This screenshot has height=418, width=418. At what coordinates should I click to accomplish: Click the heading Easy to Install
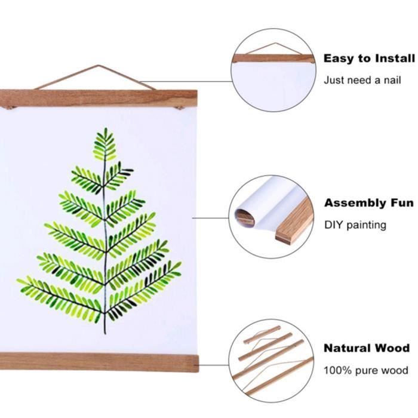(x=368, y=59)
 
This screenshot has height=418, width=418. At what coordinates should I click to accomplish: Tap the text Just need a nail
(x=361, y=80)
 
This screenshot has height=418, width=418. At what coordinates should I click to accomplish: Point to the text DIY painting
(x=355, y=225)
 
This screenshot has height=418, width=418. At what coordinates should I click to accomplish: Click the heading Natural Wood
(x=367, y=348)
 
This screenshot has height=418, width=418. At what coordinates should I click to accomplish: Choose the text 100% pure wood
(x=366, y=370)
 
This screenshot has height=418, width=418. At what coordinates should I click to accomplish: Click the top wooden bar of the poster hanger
(x=99, y=98)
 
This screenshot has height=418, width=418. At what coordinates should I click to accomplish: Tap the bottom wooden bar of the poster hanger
(x=99, y=362)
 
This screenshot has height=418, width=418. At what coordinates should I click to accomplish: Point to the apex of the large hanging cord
(x=95, y=66)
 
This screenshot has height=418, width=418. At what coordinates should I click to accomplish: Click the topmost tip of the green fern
(x=105, y=129)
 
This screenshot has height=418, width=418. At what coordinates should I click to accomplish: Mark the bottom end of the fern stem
(x=105, y=332)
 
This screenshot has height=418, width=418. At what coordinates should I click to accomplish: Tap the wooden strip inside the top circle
(x=272, y=59)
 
